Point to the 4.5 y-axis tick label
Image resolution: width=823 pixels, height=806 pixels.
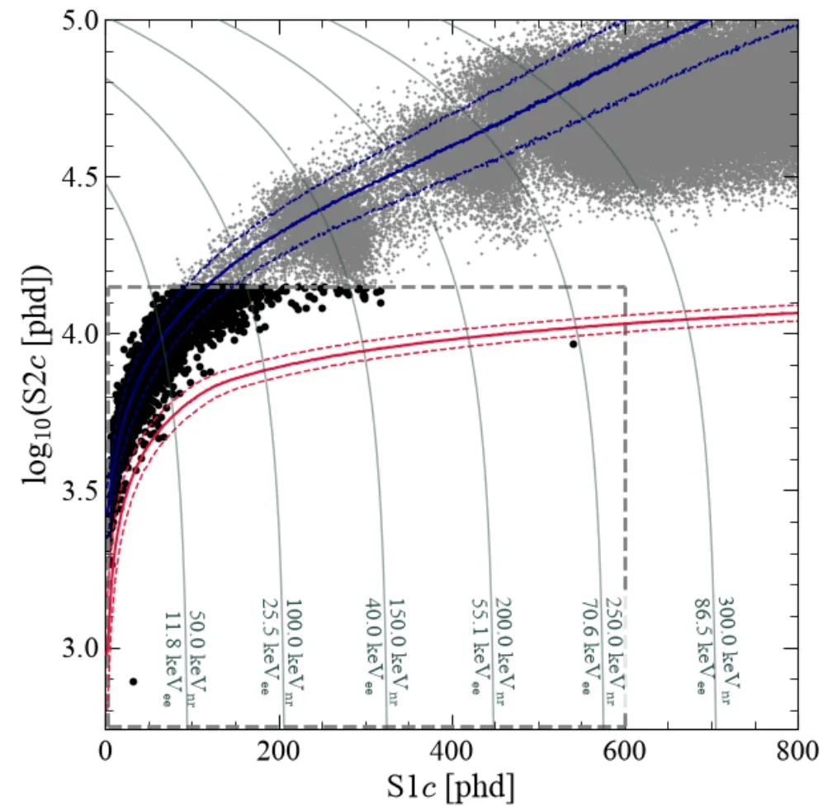(x=79, y=177)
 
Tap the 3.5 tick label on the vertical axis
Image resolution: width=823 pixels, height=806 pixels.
(x=79, y=491)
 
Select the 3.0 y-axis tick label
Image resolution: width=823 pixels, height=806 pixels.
(x=79, y=648)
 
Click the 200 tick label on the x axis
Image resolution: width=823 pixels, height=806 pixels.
(x=278, y=751)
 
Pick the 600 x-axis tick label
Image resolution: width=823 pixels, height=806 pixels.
(x=624, y=751)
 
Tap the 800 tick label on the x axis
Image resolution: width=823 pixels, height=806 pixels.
(x=797, y=751)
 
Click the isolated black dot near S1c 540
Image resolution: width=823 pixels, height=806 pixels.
(x=573, y=344)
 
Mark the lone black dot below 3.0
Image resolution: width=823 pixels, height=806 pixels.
(x=134, y=681)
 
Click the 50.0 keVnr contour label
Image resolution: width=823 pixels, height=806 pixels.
(x=196, y=658)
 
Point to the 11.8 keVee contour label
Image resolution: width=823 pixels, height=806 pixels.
(x=173, y=658)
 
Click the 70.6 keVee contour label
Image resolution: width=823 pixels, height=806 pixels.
(x=592, y=647)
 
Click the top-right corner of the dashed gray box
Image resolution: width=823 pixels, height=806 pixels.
(x=625, y=287)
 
